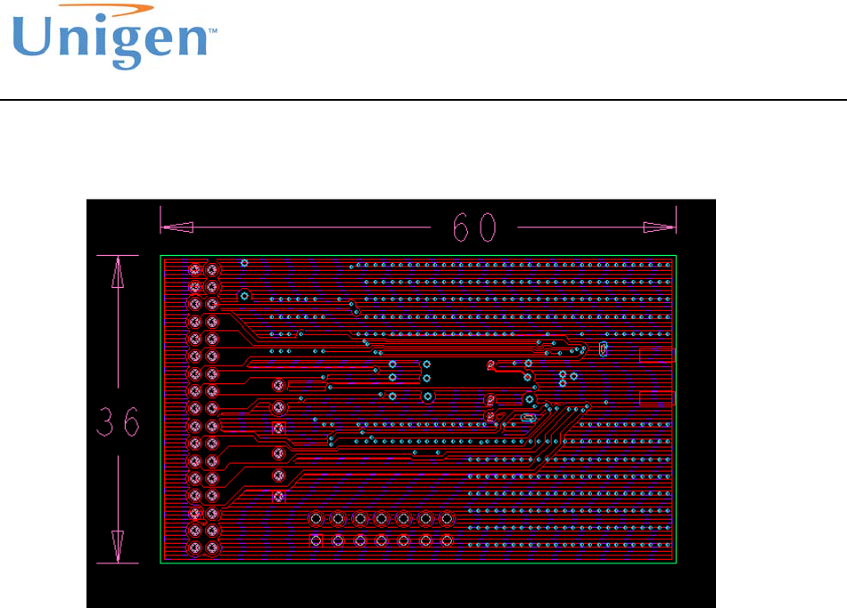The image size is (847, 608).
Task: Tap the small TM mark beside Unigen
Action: (213, 29)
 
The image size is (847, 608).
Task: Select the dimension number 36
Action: (118, 423)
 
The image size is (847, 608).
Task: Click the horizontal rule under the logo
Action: (423, 99)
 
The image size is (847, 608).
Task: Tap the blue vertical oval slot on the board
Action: (603, 349)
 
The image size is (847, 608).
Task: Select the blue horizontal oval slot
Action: (526, 416)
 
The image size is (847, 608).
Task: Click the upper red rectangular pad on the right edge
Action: (658, 356)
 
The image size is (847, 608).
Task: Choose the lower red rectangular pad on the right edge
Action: (658, 398)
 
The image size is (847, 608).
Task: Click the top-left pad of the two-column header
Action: (195, 269)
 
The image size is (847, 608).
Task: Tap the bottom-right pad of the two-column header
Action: (212, 547)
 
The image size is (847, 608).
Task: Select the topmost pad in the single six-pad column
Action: (278, 386)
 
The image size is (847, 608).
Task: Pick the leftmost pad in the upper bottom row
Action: (316, 518)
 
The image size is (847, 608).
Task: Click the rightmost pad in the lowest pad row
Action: (447, 540)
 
